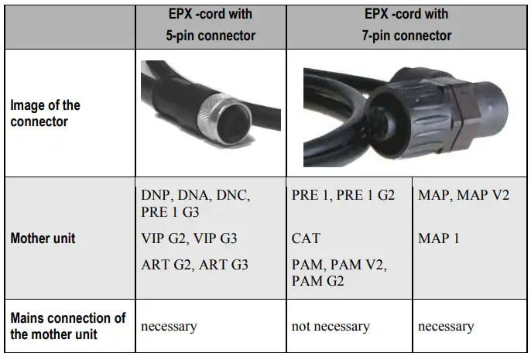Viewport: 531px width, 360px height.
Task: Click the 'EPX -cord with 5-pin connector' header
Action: coord(210,25)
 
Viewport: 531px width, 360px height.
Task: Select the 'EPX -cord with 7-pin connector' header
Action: coord(408,25)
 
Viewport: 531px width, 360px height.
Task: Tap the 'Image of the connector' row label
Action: coord(45,114)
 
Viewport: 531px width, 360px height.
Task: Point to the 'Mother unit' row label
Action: coord(43,238)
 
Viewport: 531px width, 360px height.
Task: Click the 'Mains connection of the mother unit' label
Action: coord(68,326)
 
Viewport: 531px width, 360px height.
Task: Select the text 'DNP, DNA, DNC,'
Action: coord(195,195)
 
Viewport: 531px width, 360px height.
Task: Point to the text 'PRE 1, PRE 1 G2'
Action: coord(343,195)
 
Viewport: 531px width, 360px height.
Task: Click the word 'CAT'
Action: coord(306,238)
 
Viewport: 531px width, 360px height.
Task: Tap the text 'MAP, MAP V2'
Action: coord(464,195)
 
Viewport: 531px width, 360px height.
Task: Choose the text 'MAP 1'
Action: coord(439,238)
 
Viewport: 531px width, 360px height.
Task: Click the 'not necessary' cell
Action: coord(331,326)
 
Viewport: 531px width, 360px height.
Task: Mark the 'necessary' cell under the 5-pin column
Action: coord(170,326)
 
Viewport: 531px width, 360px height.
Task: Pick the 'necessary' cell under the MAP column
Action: coord(446,326)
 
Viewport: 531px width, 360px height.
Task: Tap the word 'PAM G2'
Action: coord(317,279)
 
